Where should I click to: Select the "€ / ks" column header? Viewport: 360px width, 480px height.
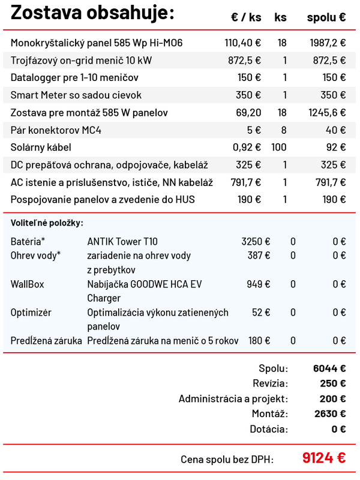(246, 17)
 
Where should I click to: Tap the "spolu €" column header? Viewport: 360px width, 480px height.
(326, 17)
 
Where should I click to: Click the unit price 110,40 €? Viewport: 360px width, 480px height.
(242, 43)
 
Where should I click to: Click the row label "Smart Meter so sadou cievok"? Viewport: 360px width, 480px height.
(76, 95)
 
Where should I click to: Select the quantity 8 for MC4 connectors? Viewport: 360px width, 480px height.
(284, 130)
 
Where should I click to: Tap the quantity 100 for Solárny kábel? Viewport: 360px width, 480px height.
(279, 148)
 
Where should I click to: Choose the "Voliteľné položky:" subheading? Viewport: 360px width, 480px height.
(47, 223)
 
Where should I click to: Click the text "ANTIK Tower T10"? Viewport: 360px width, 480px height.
(122, 242)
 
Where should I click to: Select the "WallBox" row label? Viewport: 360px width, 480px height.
(27, 284)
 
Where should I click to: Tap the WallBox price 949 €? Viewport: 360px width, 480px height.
(259, 284)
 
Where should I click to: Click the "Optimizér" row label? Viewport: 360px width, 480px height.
(31, 313)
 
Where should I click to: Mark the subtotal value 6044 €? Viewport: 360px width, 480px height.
(329, 368)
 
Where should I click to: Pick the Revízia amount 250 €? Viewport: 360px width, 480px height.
(332, 383)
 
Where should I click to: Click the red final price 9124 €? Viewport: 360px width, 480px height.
(324, 458)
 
